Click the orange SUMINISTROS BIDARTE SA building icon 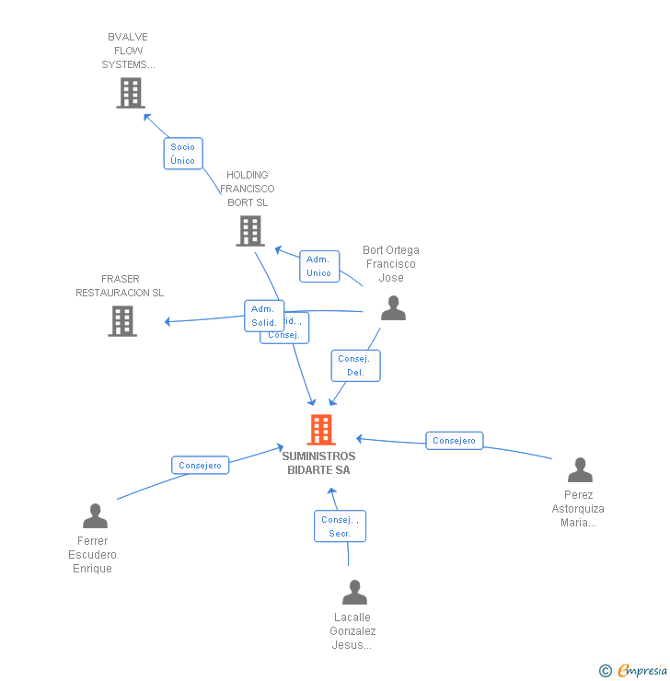320,429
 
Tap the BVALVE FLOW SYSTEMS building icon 131,93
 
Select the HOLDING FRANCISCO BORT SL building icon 249,231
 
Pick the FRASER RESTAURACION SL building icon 122,321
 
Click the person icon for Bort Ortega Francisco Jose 393,308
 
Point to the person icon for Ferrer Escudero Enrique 95,516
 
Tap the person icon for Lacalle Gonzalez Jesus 354,593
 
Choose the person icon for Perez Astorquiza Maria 580,470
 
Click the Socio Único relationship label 183,154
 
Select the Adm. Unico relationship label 319,266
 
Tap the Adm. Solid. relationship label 263,316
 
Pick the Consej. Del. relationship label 355,365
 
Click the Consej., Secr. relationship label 340,526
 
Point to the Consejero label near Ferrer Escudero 201,466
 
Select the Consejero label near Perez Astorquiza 454,441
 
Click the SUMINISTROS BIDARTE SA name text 318,463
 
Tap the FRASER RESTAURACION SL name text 120,285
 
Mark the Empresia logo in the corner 633,671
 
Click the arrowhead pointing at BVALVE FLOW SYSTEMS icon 145,115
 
